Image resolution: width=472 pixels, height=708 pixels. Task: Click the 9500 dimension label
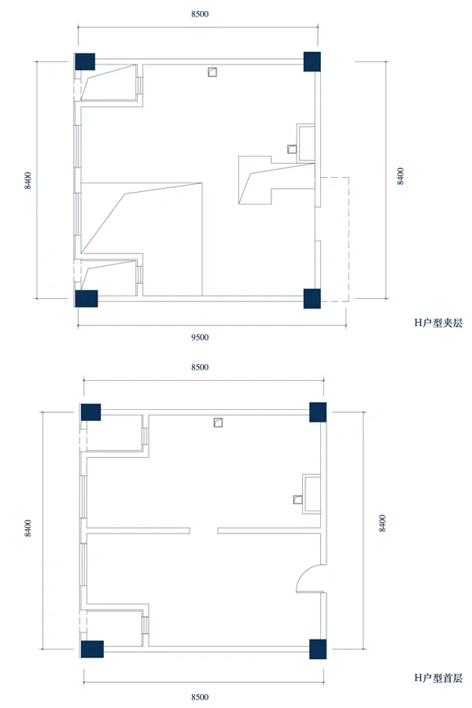click(200, 337)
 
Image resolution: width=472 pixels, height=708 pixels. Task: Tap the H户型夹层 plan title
click(438, 323)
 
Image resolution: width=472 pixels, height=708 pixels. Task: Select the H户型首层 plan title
click(438, 678)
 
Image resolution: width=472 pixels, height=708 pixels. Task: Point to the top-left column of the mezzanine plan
click(85, 61)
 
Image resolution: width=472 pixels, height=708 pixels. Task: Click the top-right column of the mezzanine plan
click(312, 61)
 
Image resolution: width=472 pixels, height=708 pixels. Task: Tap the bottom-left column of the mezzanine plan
click(87, 298)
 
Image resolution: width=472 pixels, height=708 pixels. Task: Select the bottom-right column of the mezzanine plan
click(312, 298)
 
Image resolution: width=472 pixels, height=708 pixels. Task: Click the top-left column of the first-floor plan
click(90, 412)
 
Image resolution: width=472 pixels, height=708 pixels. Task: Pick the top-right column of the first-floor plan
click(318, 412)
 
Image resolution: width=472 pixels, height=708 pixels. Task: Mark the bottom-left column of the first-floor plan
click(92, 649)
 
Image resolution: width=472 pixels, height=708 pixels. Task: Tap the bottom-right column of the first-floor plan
click(318, 649)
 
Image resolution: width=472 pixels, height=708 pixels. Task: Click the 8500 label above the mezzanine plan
click(200, 14)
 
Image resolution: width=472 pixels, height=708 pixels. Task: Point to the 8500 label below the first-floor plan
click(200, 697)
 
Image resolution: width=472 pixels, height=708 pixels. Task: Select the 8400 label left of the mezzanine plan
click(28, 180)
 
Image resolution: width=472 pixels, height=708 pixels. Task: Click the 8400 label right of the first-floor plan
click(382, 523)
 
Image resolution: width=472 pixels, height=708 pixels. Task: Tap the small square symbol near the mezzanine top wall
click(212, 72)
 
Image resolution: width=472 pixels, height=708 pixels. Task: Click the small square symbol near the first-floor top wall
click(218, 422)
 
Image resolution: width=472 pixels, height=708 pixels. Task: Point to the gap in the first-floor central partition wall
click(204, 530)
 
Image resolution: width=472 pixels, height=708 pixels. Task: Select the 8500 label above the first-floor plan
click(200, 367)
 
